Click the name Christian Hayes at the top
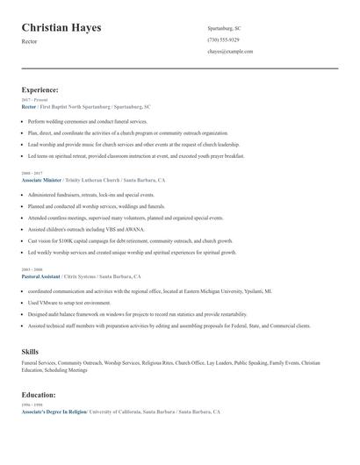pyautogui.click(x=61, y=28)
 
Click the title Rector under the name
pyautogui.click(x=30, y=42)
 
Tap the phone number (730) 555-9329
pyautogui.click(x=223, y=39)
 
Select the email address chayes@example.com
pyautogui.click(x=230, y=52)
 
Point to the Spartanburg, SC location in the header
pyautogui.click(x=224, y=28)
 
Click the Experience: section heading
pyautogui.click(x=40, y=89)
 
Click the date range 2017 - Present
pyautogui.click(x=32, y=100)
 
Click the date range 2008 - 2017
pyautogui.click(x=31, y=174)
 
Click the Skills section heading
pyautogui.click(x=30, y=351)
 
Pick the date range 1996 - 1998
pyautogui.click(x=31, y=405)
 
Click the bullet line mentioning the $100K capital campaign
pyautogui.click(x=130, y=240)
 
